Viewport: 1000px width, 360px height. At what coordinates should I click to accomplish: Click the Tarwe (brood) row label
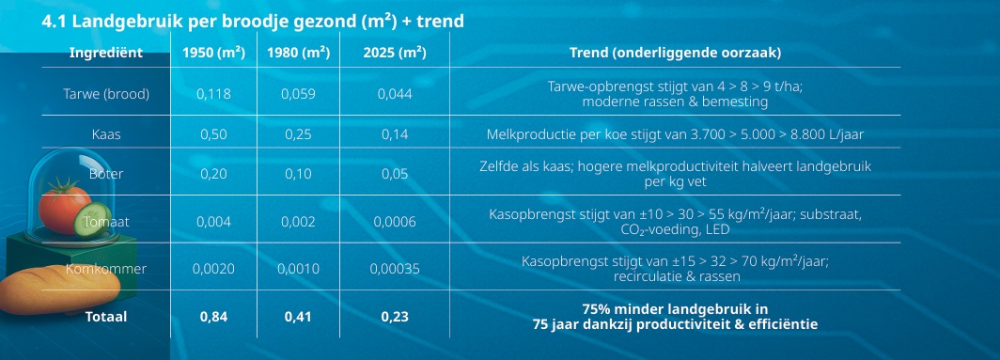point(106,95)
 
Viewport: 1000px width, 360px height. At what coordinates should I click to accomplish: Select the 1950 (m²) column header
point(213,53)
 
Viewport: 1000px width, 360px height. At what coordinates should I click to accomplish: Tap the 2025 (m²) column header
point(395,53)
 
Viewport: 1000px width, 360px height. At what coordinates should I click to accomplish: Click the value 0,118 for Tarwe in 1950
point(213,95)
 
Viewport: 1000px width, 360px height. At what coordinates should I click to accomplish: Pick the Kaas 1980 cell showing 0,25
point(299,134)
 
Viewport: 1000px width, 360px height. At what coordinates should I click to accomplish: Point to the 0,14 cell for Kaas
point(395,134)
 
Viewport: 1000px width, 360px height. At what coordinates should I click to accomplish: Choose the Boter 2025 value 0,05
point(395,174)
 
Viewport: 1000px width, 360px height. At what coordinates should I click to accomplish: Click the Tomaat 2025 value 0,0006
point(395,222)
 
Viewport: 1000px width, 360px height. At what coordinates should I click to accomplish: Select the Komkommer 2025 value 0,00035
point(395,269)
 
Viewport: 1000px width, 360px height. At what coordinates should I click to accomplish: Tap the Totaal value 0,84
point(213,317)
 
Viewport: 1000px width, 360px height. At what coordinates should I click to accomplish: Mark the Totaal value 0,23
point(395,317)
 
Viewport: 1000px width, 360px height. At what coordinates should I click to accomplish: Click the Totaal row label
point(106,317)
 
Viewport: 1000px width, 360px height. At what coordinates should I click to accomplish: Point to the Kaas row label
point(106,134)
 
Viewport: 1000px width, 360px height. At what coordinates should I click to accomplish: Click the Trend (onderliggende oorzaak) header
point(675,53)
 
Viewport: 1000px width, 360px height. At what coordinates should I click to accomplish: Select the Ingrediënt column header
point(106,53)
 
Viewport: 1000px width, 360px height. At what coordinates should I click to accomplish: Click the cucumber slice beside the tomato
point(93,219)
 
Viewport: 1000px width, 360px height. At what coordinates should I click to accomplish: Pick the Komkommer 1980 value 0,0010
point(299,269)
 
